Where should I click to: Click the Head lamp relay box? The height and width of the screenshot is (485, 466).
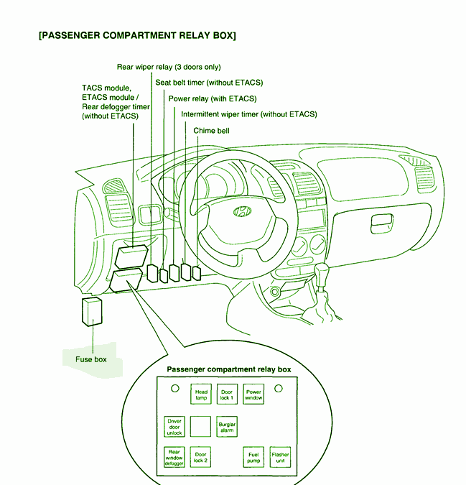click(201, 395)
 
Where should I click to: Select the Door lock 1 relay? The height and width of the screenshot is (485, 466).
click(228, 395)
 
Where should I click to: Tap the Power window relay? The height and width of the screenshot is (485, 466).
click(254, 395)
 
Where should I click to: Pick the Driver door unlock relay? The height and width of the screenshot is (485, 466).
click(174, 426)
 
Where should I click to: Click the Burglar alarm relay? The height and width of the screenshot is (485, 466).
click(227, 426)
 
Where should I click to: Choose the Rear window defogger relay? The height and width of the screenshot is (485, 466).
click(174, 457)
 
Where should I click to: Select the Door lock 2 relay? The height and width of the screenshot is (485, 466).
click(201, 457)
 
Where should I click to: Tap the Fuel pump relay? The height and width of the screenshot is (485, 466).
click(254, 457)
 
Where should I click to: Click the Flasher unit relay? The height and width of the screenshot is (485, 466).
click(280, 457)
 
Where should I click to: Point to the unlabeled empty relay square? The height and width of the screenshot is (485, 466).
click(201, 426)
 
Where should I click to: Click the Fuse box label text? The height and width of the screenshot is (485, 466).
click(91, 359)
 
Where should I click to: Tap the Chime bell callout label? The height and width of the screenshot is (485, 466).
click(212, 131)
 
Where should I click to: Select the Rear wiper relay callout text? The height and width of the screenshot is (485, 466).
click(169, 67)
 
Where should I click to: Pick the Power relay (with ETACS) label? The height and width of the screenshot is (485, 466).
click(212, 98)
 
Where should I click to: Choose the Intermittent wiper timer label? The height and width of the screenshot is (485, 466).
click(248, 114)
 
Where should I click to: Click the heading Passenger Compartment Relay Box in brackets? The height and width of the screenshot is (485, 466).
click(136, 34)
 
